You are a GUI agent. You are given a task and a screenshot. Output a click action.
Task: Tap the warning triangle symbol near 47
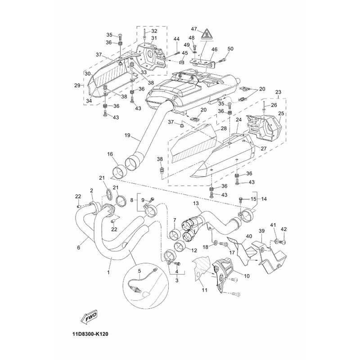[207, 33]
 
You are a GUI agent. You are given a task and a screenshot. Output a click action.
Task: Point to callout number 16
[110, 155]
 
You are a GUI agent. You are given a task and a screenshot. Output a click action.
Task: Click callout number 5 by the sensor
[139, 270]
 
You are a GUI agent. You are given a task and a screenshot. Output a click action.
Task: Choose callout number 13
[196, 204]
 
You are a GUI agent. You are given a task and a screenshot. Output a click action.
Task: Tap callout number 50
[230, 48]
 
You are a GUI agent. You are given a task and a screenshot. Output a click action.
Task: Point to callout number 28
[224, 129]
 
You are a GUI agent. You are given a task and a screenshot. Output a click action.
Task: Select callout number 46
[214, 49]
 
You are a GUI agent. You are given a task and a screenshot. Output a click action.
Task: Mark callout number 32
[154, 31]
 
